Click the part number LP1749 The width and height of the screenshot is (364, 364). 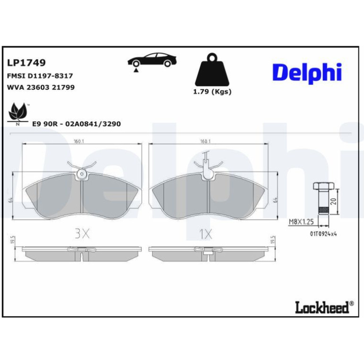[26, 63]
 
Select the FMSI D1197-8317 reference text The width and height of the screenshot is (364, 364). [40, 76]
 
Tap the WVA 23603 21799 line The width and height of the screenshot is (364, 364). [41, 87]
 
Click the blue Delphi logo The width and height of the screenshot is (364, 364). [307, 73]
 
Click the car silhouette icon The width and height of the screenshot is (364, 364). [152, 61]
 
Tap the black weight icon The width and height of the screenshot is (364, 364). [212, 69]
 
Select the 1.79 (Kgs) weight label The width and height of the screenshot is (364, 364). [212, 91]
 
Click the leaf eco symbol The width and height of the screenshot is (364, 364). [17, 113]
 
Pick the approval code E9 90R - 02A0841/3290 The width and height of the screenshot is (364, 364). [77, 124]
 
